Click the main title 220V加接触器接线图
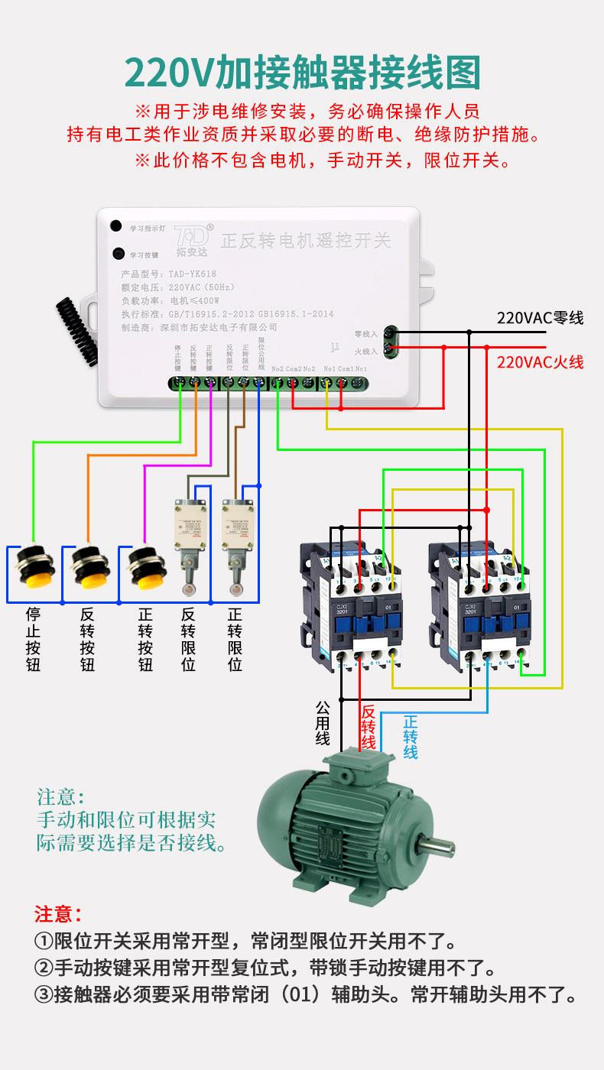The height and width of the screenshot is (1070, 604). pyautogui.click(x=302, y=74)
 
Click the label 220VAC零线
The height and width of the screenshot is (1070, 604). pyautogui.click(x=540, y=318)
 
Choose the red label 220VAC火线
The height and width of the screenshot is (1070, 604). pyautogui.click(x=540, y=362)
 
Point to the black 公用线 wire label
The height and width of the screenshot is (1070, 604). pyautogui.click(x=323, y=722)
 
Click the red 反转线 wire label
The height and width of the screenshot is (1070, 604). pyautogui.click(x=368, y=726)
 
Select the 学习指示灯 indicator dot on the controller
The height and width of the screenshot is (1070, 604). pyautogui.click(x=116, y=226)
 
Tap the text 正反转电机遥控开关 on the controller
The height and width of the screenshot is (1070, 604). pyautogui.click(x=305, y=241)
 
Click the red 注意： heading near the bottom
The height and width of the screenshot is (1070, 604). pyautogui.click(x=57, y=913)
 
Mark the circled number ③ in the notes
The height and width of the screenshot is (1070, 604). pyautogui.click(x=44, y=994)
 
